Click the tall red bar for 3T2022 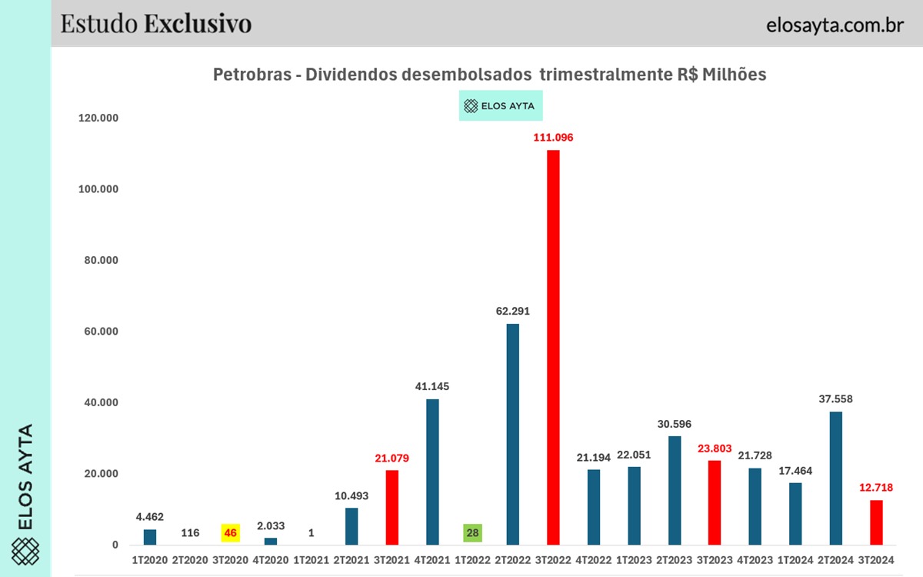[x=553, y=346]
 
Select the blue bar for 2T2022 [x=512, y=434]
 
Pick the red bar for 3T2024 [x=876, y=522]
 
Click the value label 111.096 [x=553, y=138]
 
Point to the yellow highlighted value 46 [x=230, y=532]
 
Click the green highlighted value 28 [x=472, y=532]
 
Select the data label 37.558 [x=836, y=399]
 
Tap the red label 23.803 [x=715, y=448]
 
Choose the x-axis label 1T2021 [x=311, y=560]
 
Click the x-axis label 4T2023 [x=755, y=560]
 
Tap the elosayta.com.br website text [x=835, y=25]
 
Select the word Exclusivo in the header [x=198, y=24]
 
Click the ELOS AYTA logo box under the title [x=501, y=106]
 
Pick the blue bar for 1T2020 [x=150, y=537]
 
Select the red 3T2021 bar [x=392, y=507]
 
